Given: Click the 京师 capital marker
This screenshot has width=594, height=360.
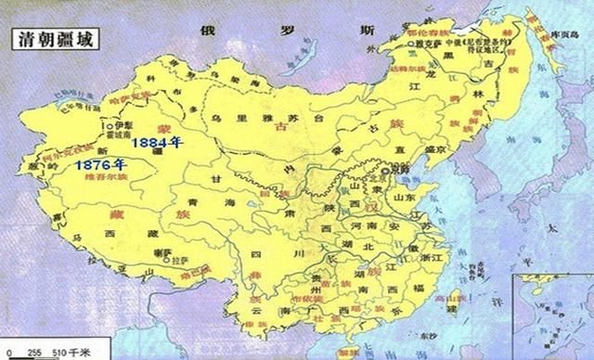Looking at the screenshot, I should tap(381, 172).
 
